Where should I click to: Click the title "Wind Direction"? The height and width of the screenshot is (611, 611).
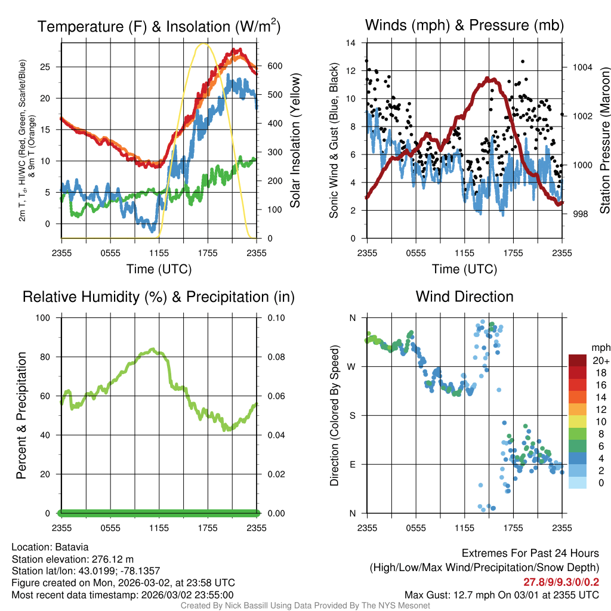tap(464, 297)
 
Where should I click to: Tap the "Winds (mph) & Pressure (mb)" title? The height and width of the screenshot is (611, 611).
tap(464, 25)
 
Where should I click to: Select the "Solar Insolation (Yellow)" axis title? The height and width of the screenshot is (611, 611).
tap(295, 140)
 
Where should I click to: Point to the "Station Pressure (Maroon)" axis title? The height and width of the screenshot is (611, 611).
tap(604, 140)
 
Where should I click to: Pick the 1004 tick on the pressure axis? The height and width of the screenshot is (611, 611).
tap(582, 67)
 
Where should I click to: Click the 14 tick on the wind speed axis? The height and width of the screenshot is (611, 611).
tap(352, 43)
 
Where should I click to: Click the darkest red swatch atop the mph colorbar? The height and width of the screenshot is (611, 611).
tap(578, 360)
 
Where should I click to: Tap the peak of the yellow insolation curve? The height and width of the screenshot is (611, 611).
tap(204, 44)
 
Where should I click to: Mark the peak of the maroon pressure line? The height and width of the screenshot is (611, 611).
tap(489, 78)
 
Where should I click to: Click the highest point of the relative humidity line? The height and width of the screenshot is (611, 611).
tap(153, 349)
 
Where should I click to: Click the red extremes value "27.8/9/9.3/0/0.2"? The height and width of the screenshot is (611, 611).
tap(561, 582)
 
